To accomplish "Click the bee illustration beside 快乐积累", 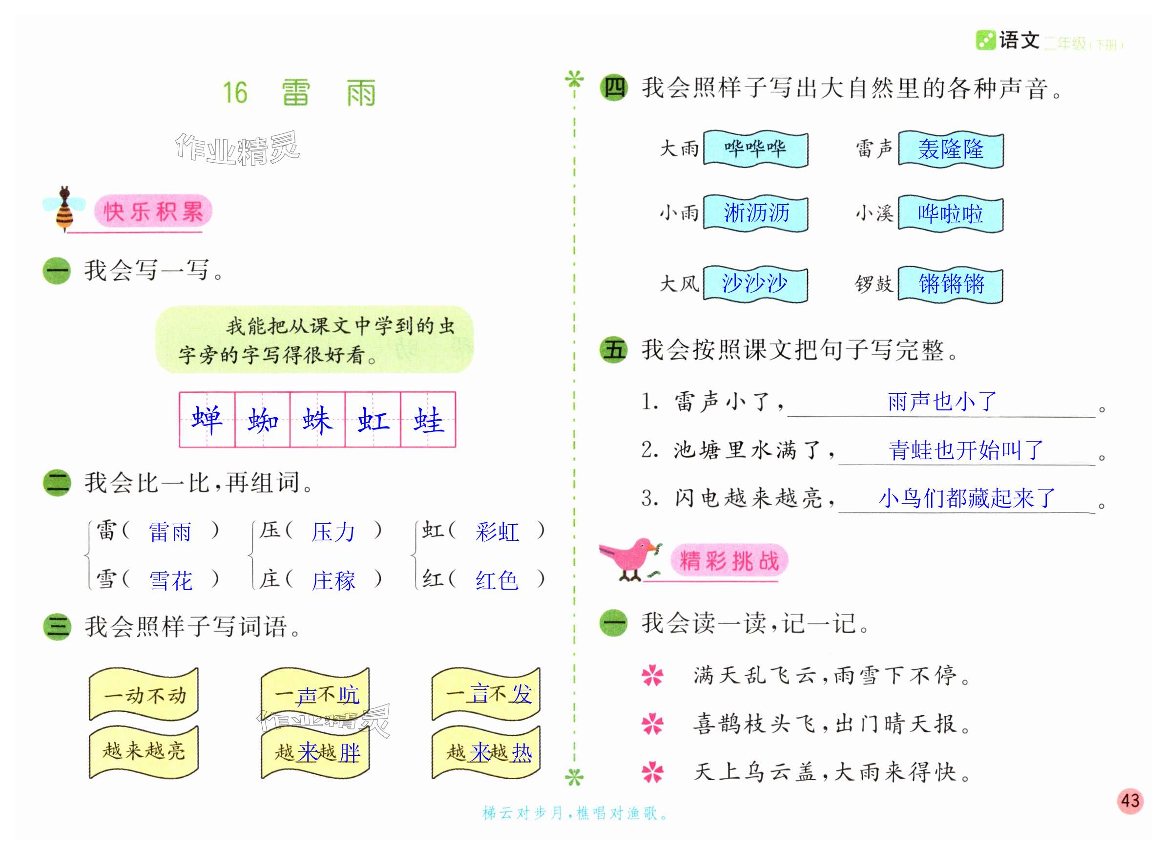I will point(64,209).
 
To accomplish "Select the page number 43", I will point(1130,801).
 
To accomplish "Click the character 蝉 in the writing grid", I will point(207,420).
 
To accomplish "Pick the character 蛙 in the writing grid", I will point(428,420).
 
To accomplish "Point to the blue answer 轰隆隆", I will point(950,149).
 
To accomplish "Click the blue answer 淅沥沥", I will point(756,213).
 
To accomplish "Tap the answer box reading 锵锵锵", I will point(950,284).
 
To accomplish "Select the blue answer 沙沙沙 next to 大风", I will point(755,283).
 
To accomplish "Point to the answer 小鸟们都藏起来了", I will point(966,498).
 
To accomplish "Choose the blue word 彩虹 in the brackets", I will point(497,532).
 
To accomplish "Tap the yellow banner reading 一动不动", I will point(144,695).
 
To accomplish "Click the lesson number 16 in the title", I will point(235,93).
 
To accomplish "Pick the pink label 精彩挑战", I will point(728,561).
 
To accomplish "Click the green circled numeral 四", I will point(613,88).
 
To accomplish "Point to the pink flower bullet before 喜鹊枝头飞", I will point(653,724).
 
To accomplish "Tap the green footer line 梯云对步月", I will point(575,814).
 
